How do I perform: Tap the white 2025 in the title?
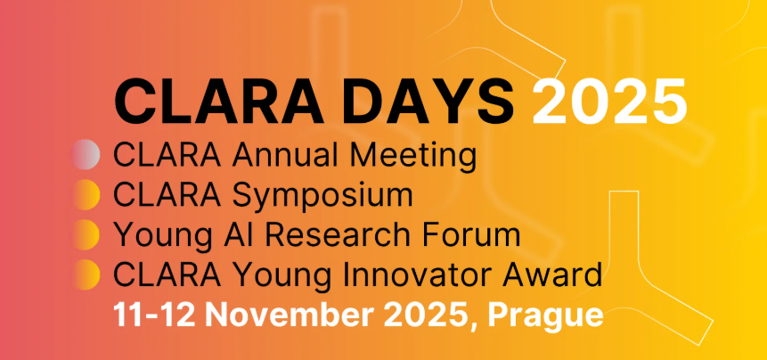coord(609,103)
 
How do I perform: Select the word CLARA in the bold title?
coord(218,103)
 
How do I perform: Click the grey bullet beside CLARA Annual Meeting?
coord(86,154)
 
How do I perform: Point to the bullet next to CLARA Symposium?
coord(87,194)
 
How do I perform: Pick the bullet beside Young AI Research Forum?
coord(87,234)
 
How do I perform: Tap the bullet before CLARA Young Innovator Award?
coord(87,274)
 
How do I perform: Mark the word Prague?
coord(545,317)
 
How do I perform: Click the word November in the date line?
coord(290,315)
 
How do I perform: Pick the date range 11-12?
coord(155,315)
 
